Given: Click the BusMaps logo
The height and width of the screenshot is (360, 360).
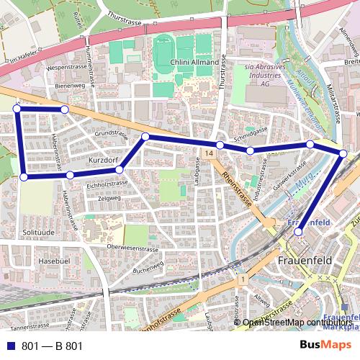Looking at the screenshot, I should click(326, 346).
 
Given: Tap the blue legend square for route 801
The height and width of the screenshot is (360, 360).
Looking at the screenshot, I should click(12, 346).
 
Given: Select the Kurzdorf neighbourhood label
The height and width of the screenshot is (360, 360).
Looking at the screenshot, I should click(102, 158).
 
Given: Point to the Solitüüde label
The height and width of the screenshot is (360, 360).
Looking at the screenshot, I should click(39, 233).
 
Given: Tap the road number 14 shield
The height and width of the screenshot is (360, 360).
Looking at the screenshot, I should click(209, 154).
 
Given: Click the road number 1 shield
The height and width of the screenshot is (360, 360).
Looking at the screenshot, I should click(245, 279).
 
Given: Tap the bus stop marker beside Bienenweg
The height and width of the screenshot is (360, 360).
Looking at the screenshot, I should click(64, 109).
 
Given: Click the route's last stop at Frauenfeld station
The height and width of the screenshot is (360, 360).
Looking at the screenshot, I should click(299, 232).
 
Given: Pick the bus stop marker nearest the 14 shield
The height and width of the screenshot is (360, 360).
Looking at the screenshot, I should click(220, 145).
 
